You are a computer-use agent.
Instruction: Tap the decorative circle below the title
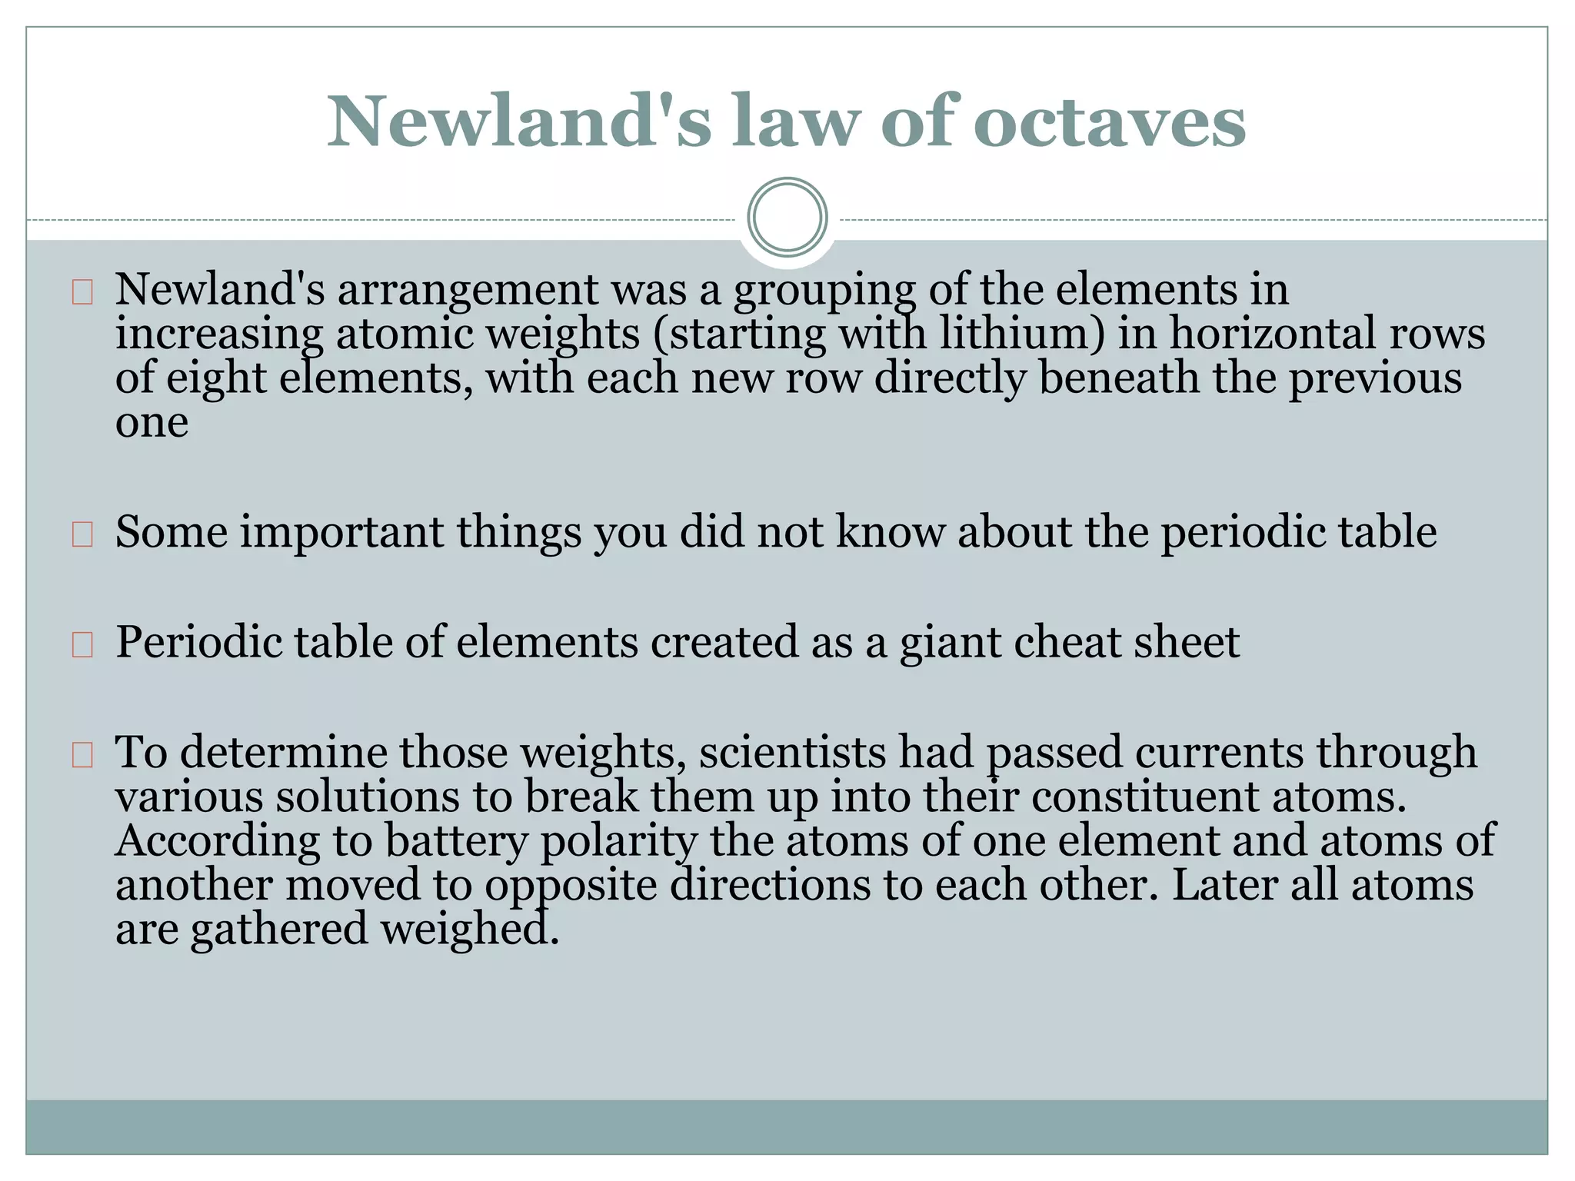point(787,217)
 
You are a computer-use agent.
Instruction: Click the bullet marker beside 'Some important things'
point(82,534)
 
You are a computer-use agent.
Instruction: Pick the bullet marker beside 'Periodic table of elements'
point(82,644)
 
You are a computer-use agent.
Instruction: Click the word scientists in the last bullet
point(792,752)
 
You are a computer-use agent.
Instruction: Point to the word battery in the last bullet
point(456,841)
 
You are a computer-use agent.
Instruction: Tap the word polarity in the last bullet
point(618,841)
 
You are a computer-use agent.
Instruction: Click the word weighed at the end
point(469,929)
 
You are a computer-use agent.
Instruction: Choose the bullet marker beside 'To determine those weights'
point(82,755)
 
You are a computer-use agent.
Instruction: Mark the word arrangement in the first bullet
point(467,291)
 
